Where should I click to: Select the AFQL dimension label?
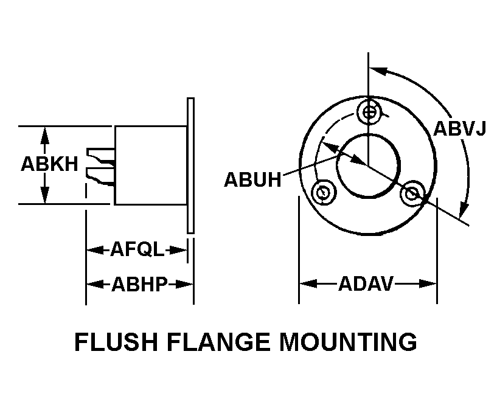(x=137, y=249)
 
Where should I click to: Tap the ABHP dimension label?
(x=139, y=284)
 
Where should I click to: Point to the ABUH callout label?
(x=252, y=180)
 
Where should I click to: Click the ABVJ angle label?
(x=459, y=130)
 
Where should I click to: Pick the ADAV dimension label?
(x=366, y=283)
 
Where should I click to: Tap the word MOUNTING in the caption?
(x=348, y=342)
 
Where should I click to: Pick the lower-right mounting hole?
(x=413, y=193)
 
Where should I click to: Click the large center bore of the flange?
(x=368, y=166)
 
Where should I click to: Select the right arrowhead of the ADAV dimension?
(x=430, y=283)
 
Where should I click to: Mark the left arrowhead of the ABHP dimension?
(x=92, y=284)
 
